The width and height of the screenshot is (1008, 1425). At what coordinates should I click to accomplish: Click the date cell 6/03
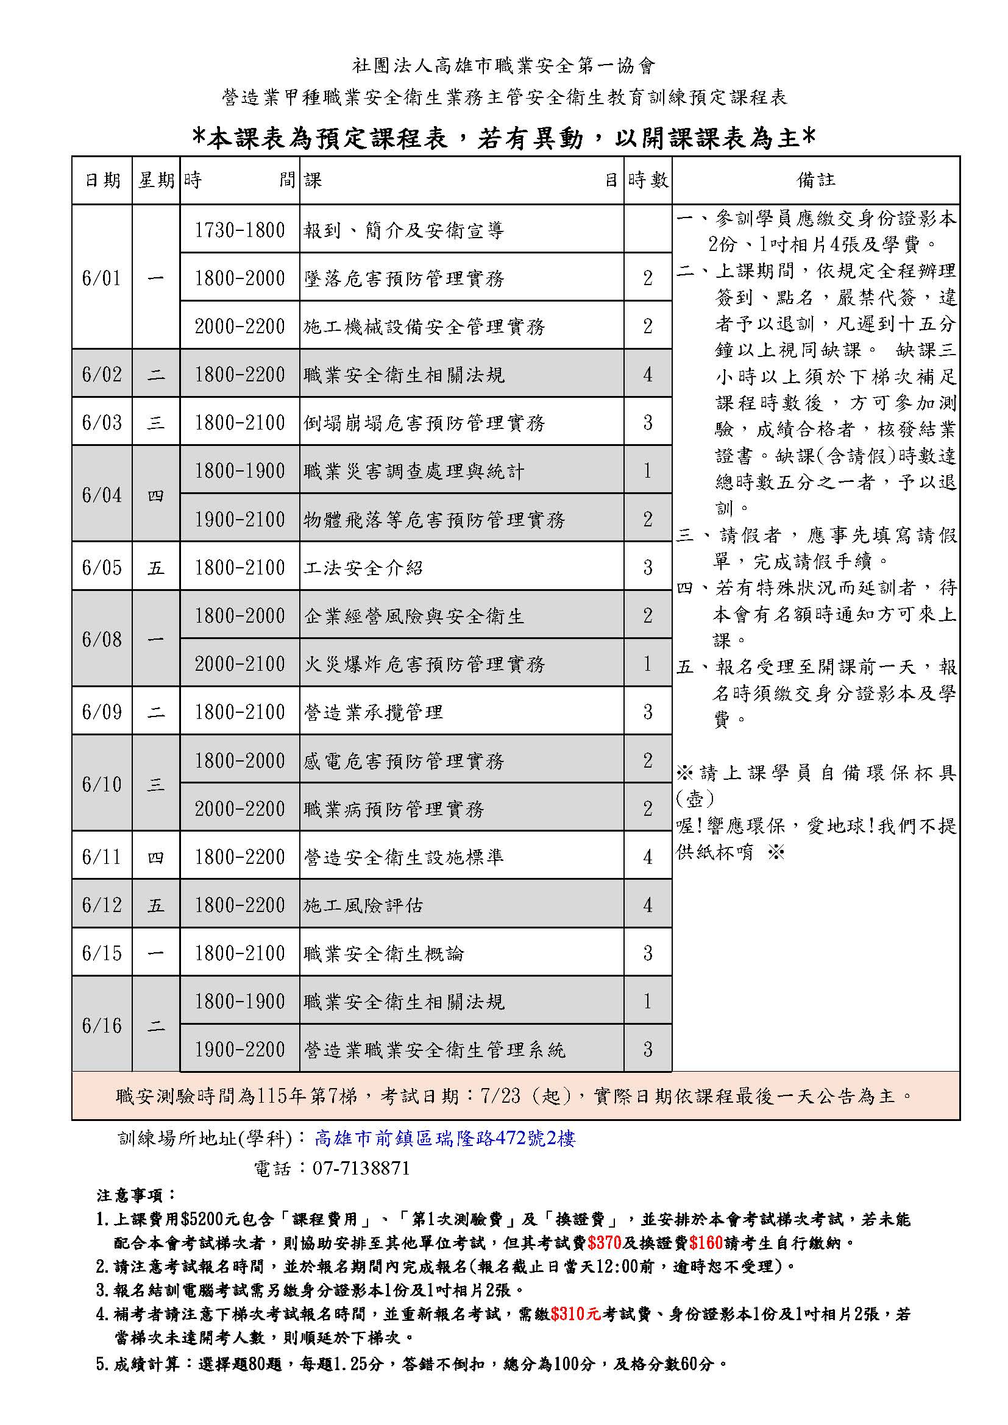[102, 423]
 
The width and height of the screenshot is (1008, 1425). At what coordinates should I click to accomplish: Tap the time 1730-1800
[240, 230]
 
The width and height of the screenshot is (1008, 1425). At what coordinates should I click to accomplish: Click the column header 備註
[815, 180]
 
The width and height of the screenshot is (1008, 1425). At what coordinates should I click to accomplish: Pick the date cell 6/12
[102, 905]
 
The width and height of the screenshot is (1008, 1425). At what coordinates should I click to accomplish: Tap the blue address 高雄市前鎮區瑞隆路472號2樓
[445, 1138]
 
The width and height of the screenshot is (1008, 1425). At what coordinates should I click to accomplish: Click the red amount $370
[604, 1243]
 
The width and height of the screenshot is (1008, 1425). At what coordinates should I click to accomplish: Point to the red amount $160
[705, 1243]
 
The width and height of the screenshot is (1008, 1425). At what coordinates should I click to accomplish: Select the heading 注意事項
[137, 1195]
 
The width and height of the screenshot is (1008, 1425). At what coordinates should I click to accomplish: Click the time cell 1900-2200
[240, 1050]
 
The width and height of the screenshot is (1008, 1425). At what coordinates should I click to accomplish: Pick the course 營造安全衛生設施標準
[403, 857]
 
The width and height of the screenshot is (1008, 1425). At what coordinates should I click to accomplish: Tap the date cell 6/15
[102, 953]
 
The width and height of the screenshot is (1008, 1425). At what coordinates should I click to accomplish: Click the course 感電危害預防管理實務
[403, 761]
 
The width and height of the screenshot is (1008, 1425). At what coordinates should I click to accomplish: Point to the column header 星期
[156, 180]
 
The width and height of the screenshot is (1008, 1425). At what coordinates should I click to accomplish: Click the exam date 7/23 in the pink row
[500, 1096]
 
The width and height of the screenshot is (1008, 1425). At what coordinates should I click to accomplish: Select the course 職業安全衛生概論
[383, 953]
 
